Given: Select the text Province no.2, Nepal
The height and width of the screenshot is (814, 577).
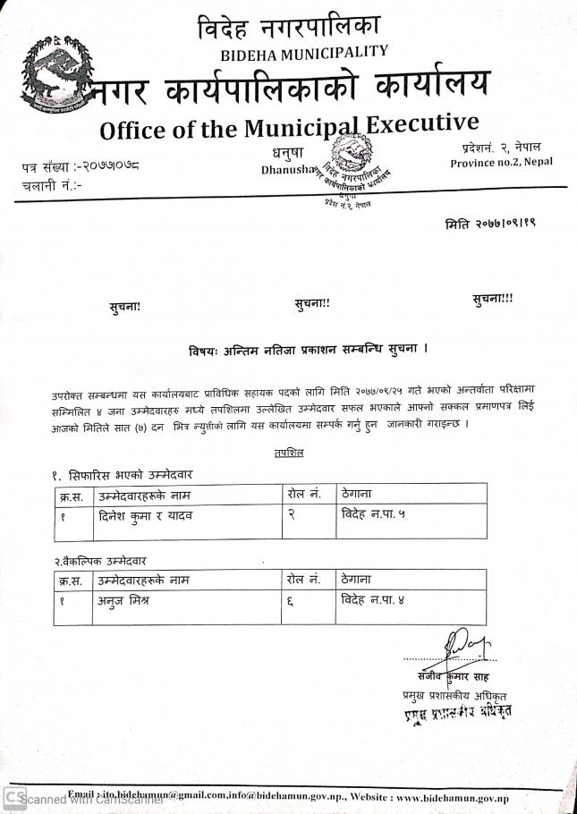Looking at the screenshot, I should (x=501, y=162).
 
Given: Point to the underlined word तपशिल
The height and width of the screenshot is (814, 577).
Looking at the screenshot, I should (x=288, y=454).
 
